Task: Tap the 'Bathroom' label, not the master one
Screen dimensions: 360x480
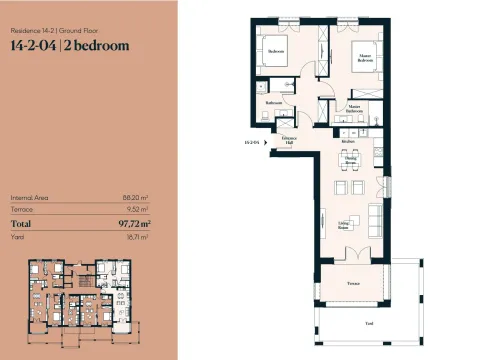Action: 273,103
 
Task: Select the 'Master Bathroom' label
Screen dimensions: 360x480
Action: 354,107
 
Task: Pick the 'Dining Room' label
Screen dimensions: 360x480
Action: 350,159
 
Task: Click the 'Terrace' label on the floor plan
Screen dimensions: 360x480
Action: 353,283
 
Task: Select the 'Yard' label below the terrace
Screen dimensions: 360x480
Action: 369,325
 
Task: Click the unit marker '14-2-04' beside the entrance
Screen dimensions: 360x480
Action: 252,143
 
